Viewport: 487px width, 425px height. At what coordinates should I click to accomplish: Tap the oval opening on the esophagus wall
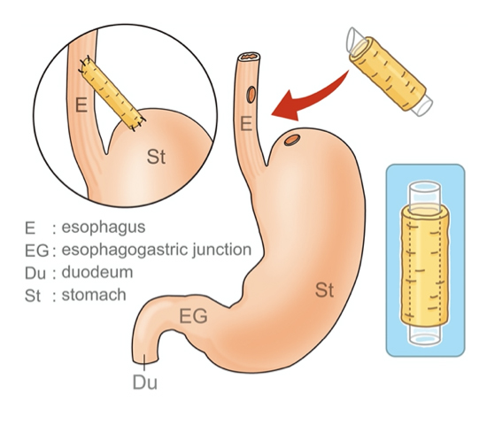(251, 95)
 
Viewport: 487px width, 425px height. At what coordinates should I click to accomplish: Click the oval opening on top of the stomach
(292, 140)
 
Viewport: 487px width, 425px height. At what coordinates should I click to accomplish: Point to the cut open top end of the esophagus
(249, 57)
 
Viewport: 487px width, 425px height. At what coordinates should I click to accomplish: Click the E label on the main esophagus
(246, 124)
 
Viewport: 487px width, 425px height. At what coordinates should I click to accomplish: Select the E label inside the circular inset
(81, 104)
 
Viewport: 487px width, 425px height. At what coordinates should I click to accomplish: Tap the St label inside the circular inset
(156, 156)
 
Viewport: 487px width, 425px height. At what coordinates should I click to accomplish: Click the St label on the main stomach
(324, 290)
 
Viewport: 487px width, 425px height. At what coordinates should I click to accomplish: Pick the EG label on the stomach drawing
(193, 316)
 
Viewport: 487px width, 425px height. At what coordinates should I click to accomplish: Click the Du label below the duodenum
(144, 382)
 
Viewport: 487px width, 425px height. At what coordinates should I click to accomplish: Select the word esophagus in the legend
(104, 228)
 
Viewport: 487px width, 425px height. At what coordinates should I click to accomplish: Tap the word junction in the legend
(221, 250)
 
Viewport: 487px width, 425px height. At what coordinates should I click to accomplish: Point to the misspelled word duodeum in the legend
(97, 272)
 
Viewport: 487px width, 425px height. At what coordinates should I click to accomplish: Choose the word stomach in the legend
(94, 295)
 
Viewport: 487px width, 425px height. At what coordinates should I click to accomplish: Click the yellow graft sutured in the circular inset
(112, 93)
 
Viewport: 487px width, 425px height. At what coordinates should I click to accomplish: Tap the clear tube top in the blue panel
(425, 196)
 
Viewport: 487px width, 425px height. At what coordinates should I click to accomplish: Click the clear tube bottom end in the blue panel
(425, 335)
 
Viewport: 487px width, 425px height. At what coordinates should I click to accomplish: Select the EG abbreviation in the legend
(36, 251)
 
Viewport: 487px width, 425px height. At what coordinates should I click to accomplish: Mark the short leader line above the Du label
(144, 362)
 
